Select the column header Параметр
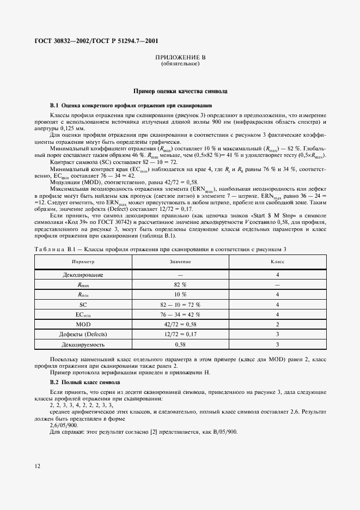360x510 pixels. [78, 262]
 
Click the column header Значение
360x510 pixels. [180, 262]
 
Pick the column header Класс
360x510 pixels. [278, 262]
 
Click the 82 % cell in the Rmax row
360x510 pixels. [180, 284]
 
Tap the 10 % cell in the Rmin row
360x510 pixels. [180, 294]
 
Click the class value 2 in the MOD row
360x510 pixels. [278, 324]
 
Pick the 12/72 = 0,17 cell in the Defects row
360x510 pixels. [180, 334]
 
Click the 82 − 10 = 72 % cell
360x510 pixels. [180, 304]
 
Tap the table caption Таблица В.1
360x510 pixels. [52, 248]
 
